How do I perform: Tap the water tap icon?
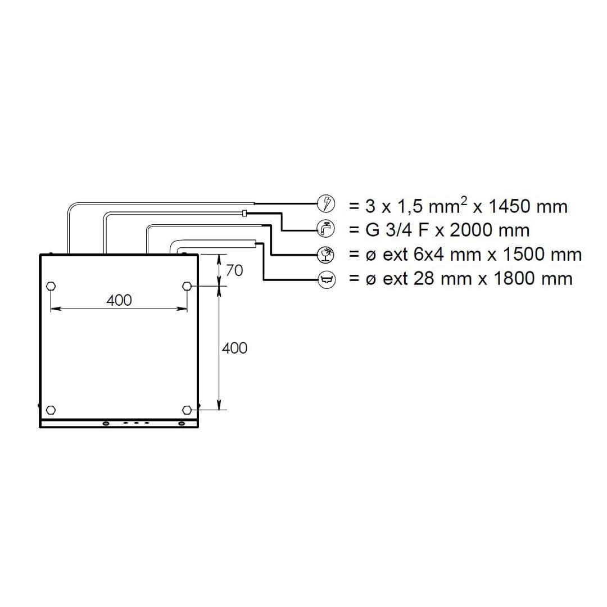pos(326,229)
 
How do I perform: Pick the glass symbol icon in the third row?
pos(326,255)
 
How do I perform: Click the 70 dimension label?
pos(234,270)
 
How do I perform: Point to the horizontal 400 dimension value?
pos(119,300)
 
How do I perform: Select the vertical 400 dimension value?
pos(234,348)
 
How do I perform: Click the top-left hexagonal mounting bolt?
pos(51,286)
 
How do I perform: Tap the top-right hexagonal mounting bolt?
pos(187,286)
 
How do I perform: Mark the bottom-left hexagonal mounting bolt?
pos(51,409)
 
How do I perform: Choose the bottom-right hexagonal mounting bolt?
pos(187,409)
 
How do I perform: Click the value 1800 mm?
pos(532,279)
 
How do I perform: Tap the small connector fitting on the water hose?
pos(244,213)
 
